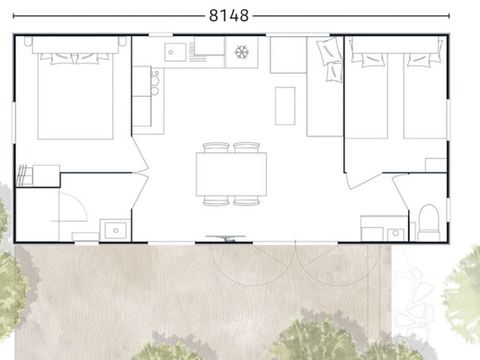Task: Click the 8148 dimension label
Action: (229, 16)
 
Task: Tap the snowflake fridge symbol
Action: (241, 51)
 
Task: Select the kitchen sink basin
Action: (176, 51)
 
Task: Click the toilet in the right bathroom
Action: (429, 221)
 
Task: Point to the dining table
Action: (231, 173)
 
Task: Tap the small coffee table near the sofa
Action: (285, 105)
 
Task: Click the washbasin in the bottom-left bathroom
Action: (115, 229)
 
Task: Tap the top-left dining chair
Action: (216, 148)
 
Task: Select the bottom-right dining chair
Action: (247, 201)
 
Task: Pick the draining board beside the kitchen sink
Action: (209, 51)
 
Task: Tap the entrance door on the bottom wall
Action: (226, 238)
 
